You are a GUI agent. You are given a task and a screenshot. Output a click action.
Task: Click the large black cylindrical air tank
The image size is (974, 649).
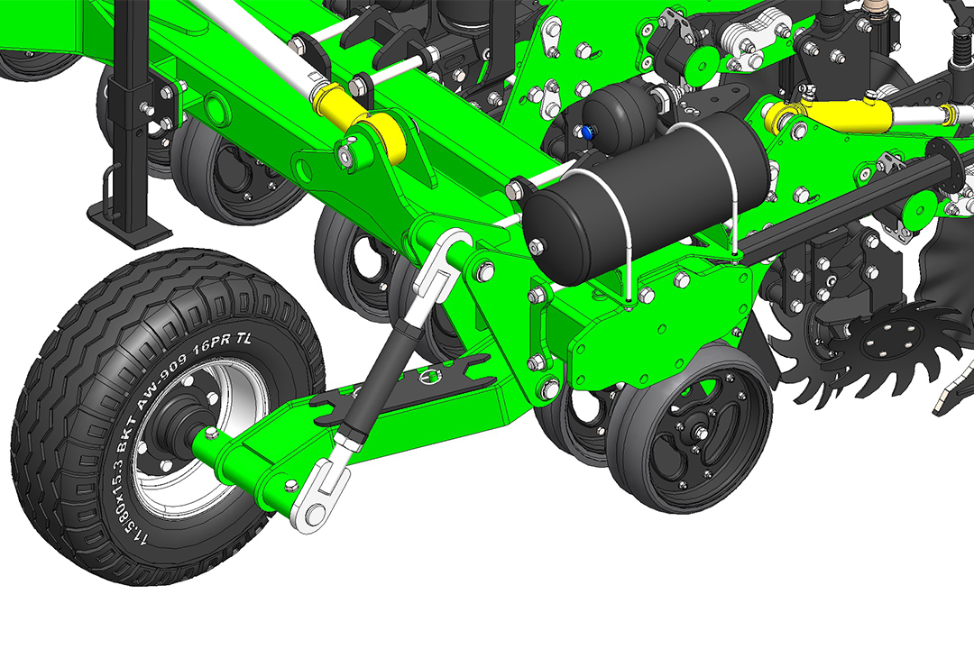point(646,198)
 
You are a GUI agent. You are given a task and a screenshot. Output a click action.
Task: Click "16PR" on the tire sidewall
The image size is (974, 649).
point(213,349)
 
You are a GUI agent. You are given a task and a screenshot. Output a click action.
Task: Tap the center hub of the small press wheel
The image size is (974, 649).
point(700,433)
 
